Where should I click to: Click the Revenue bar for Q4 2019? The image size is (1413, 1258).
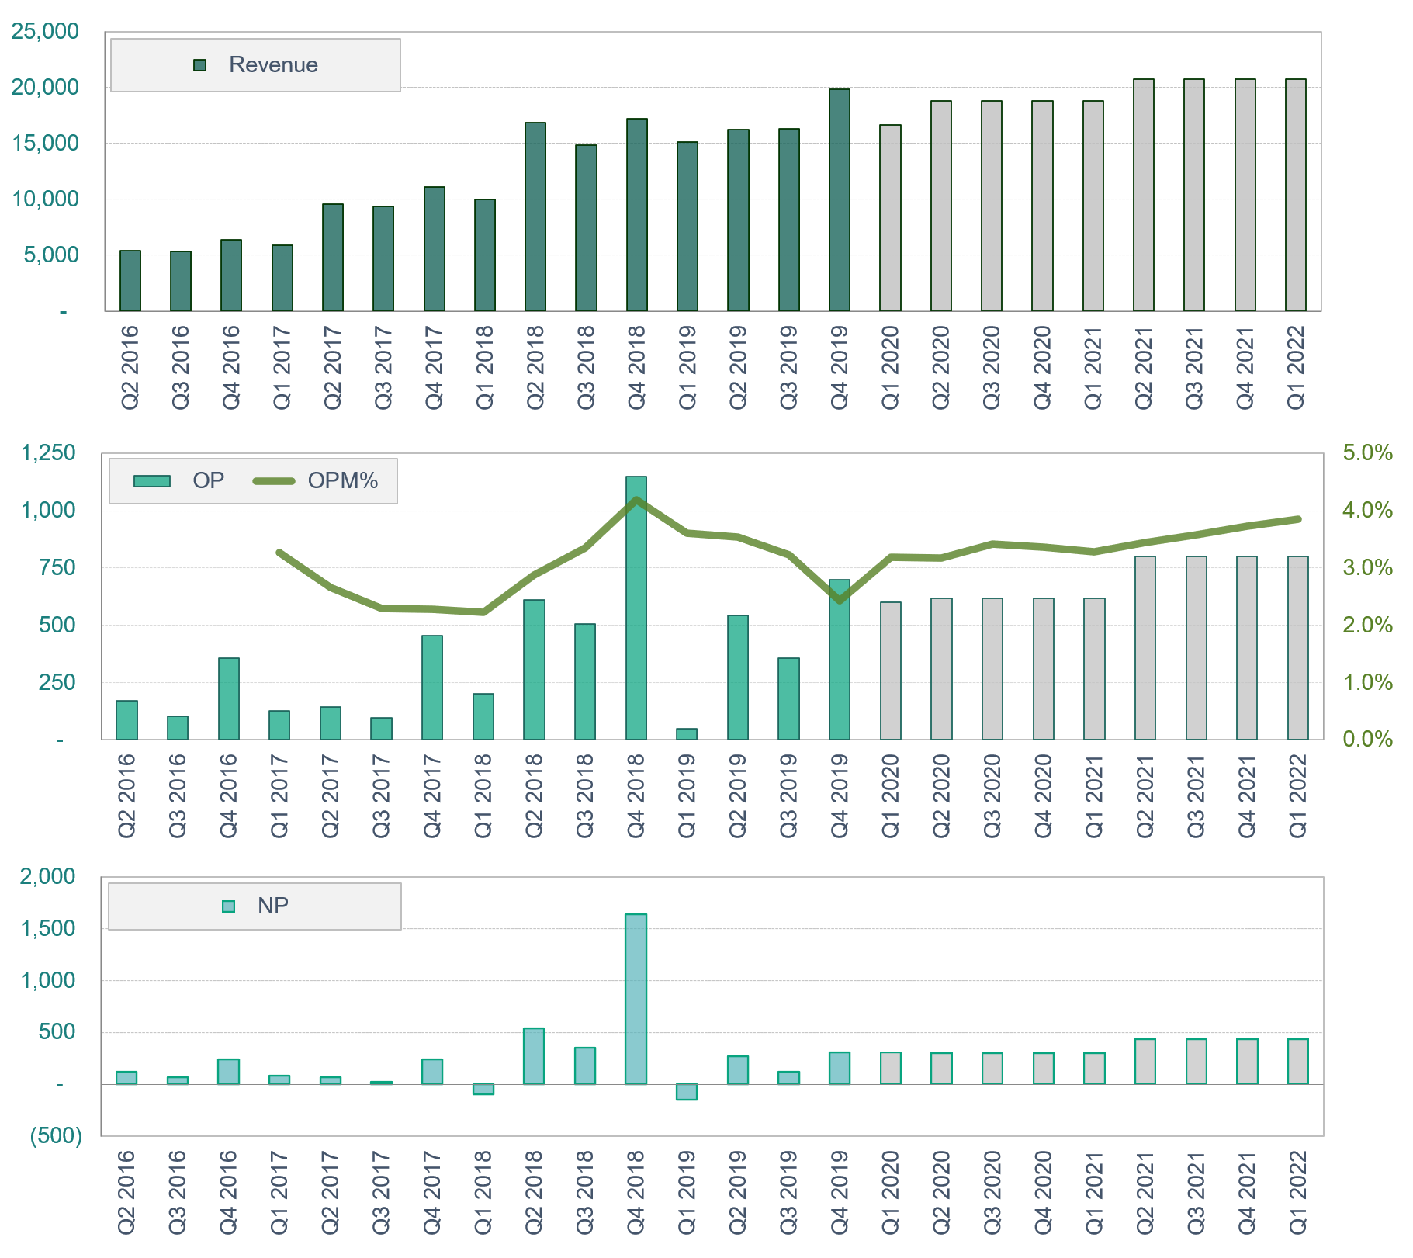click(x=839, y=200)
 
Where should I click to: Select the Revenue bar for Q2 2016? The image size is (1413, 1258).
click(x=130, y=281)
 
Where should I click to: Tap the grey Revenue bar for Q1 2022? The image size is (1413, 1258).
click(x=1295, y=196)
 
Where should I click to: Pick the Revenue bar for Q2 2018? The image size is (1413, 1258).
click(x=535, y=217)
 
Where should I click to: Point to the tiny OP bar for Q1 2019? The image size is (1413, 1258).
click(x=687, y=733)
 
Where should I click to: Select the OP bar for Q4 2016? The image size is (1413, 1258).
click(x=229, y=698)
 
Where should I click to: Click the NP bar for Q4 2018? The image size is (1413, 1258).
click(x=636, y=999)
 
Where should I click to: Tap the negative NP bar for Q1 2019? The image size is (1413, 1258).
click(x=687, y=1091)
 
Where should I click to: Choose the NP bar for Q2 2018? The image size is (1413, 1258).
click(x=534, y=1055)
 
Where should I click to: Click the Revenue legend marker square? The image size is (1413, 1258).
click(x=199, y=65)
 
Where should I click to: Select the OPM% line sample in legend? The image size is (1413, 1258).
click(x=274, y=481)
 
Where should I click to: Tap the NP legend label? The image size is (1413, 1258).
click(x=273, y=906)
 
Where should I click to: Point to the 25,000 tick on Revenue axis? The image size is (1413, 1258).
click(x=45, y=31)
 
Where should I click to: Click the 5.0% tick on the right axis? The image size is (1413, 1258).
click(x=1367, y=452)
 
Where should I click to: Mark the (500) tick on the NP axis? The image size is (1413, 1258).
click(x=56, y=1135)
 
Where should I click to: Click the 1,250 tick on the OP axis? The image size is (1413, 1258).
click(x=48, y=452)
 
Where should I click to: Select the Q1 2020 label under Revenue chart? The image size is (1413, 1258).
click(x=890, y=366)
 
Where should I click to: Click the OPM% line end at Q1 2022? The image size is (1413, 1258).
click(x=1298, y=519)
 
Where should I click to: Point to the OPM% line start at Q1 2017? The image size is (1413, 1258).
click(x=279, y=553)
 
